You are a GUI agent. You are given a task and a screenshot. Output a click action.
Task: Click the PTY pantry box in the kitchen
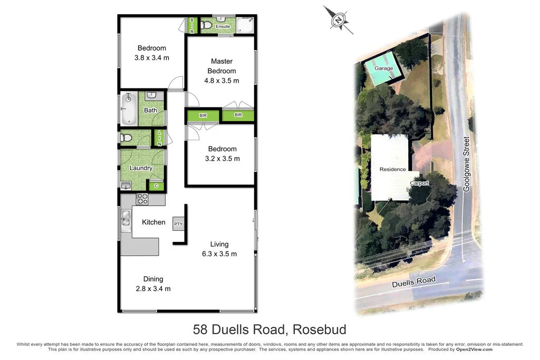pos(178,224)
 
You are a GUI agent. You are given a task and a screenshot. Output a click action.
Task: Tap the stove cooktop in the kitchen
pos(142,199)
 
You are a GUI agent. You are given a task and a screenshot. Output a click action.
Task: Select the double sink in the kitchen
pos(126,218)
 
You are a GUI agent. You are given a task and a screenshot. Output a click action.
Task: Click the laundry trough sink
pos(126,185)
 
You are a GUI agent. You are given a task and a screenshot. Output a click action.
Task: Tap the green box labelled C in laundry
pos(156,186)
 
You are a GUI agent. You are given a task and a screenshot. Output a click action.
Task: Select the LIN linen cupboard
pos(159,138)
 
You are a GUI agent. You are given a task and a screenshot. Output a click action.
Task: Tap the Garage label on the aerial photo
pos(383,69)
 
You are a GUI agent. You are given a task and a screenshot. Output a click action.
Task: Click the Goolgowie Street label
pos(466,164)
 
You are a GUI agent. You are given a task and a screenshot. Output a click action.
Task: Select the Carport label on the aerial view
pos(420,183)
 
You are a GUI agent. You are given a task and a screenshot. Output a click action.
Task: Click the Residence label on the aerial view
pos(393,169)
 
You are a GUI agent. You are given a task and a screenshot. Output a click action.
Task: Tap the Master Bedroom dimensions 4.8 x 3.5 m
pos(221,81)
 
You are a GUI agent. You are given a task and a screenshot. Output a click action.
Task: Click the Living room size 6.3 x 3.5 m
pos(219,254)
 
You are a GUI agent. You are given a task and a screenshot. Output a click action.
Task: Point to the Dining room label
pos(153,279)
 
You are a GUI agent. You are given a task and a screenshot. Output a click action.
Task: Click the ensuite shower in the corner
pos(244,24)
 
